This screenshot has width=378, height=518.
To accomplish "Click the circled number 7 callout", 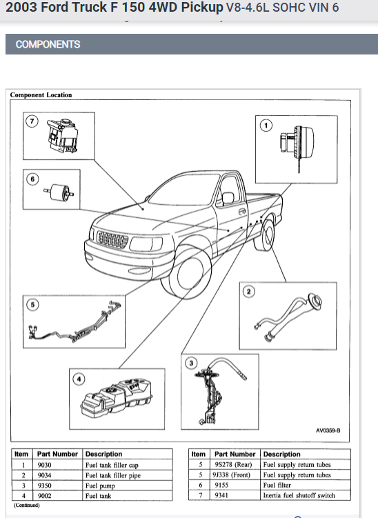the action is [32, 121].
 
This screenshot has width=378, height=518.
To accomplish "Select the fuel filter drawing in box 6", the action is [59, 191].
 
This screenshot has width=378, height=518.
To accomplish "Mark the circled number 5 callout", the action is [32, 305].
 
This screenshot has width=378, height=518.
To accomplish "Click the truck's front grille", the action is [112, 239].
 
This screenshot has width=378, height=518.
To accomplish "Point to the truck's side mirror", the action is [228, 197].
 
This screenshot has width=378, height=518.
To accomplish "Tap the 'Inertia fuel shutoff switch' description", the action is [299, 495].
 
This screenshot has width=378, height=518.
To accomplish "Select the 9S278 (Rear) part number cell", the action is [235, 464].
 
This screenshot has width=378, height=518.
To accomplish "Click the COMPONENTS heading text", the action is [48, 44].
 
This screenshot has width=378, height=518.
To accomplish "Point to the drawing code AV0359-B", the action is [328, 430].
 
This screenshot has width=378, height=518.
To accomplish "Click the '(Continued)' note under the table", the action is [27, 505].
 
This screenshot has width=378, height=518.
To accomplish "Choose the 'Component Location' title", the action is [41, 94].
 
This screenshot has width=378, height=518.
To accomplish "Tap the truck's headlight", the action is [146, 244].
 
